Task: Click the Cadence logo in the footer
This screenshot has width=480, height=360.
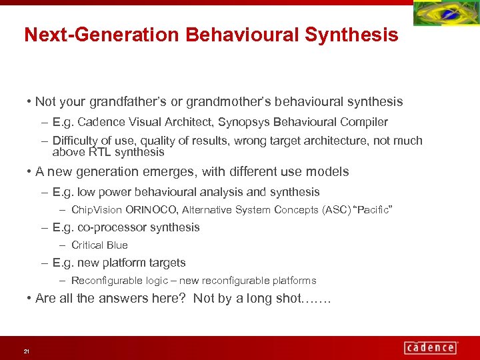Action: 431,347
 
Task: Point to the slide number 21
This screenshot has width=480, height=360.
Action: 26,351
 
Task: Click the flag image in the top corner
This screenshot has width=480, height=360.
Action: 445,13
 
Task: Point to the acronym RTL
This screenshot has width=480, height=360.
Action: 98,152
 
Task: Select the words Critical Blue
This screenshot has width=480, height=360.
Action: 99,245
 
